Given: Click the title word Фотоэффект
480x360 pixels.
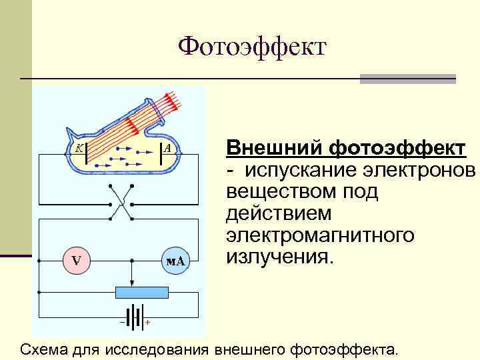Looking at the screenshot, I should (253, 47).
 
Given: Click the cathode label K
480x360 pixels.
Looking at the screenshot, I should (79, 149).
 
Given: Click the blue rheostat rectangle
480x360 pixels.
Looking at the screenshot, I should (141, 292).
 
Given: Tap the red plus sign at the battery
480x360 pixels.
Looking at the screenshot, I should (147, 323).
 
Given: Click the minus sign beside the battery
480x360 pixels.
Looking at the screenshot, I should (122, 322).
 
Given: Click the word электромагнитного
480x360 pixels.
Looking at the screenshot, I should (320, 236).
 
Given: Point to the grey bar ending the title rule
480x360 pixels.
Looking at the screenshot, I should (407, 79).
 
